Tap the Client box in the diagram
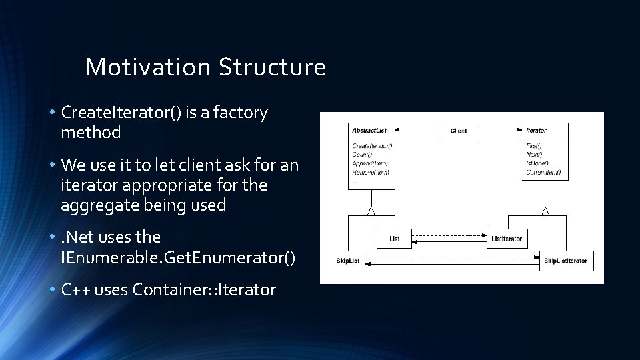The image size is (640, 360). tap(458, 131)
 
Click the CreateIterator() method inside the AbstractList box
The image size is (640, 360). tap(372, 145)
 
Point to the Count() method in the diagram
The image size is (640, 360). tap(362, 154)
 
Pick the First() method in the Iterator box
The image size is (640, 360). tap(534, 145)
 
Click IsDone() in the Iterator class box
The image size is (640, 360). tap(537, 163)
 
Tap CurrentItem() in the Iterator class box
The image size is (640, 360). tap(543, 172)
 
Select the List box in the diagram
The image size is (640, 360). tap(394, 238)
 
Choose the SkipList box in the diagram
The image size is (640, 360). tap(348, 261)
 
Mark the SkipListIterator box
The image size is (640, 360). tap(565, 261)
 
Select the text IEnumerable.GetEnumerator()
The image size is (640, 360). tap(177, 257)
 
